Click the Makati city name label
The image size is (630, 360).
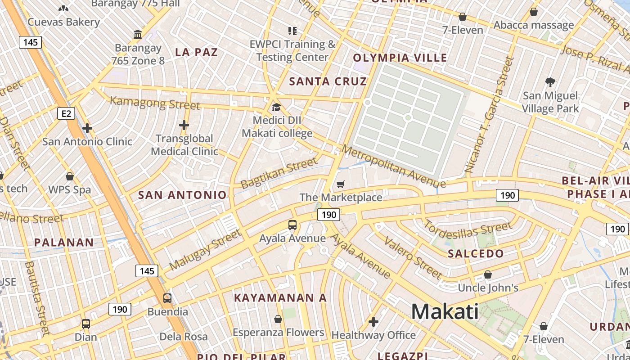pos(445,311)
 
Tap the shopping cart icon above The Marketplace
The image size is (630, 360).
pos(341,184)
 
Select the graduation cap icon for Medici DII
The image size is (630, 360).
pos(276,108)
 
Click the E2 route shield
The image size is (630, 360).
pos(66,113)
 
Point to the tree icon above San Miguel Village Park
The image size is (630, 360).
pos(550,82)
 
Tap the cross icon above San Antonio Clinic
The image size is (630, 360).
pos(87,129)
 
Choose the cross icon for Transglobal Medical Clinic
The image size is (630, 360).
pos(184,125)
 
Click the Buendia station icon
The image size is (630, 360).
pos(167,298)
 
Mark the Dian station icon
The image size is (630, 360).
pos(85,324)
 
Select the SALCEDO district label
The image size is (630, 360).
pos(476,254)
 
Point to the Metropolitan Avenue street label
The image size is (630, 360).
pos(393,167)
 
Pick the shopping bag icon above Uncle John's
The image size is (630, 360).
pos(487,274)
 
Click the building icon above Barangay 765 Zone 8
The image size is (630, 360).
pos(138,35)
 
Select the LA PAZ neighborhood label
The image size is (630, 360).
pos(196,52)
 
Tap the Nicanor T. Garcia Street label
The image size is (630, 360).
pos(488,115)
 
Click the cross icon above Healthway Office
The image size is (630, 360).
pos(373,322)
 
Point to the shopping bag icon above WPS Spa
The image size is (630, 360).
pos(70,176)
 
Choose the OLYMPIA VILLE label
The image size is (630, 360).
pos(400,58)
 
